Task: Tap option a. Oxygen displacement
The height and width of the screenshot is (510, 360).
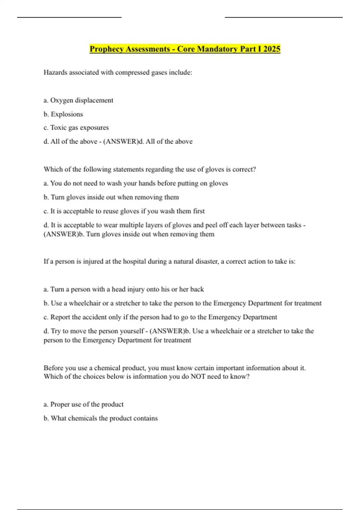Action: (79, 100)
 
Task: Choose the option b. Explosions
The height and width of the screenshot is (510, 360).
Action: (63, 114)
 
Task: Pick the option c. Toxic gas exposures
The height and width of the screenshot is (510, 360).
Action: (76, 127)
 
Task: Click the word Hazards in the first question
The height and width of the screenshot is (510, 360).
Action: (55, 72)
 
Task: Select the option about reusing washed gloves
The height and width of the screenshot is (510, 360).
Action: (124, 211)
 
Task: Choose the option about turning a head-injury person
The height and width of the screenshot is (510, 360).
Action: (124, 289)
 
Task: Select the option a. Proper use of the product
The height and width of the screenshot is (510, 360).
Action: (84, 404)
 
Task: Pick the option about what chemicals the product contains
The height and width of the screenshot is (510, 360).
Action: (101, 418)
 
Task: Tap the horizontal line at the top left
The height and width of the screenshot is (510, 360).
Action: (69, 17)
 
